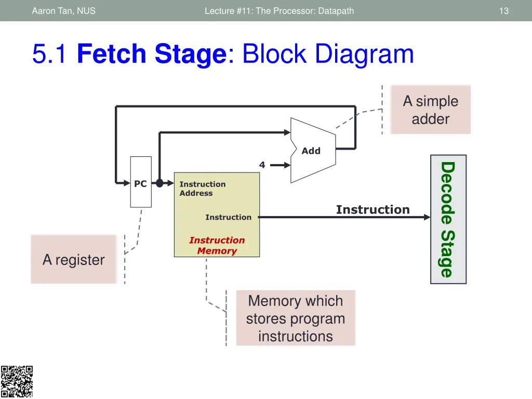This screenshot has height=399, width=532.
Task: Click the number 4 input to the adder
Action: coord(262,165)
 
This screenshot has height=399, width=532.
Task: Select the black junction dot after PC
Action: coord(159,183)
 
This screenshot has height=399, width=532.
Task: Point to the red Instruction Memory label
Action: coord(217,245)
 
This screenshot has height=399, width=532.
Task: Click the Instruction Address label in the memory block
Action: coord(202,189)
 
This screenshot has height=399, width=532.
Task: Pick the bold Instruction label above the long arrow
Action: coord(373,210)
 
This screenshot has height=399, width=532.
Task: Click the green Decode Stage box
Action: coord(448,219)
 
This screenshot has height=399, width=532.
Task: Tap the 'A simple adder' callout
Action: coord(430,110)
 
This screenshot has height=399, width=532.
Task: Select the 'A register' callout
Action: coord(73,259)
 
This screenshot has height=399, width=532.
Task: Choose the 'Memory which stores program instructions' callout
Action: coord(295,318)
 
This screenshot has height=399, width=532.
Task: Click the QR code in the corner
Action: coord(17,382)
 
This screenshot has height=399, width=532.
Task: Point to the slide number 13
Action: coord(503,10)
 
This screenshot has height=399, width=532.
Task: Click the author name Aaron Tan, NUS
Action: coord(63,10)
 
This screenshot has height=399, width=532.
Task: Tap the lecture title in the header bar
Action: coord(279,10)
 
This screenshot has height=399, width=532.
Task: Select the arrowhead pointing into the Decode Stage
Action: coord(427,217)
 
